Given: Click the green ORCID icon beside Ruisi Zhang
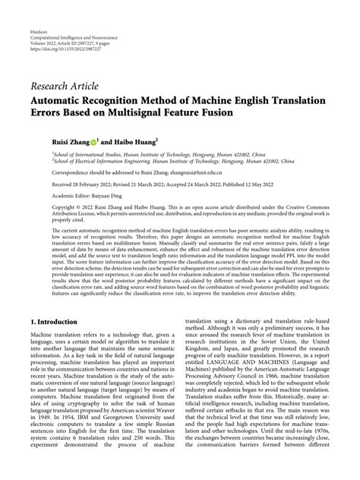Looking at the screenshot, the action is pyautogui.click(x=94, y=142).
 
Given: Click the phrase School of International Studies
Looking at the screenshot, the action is pyautogui.click(x=86, y=153).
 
